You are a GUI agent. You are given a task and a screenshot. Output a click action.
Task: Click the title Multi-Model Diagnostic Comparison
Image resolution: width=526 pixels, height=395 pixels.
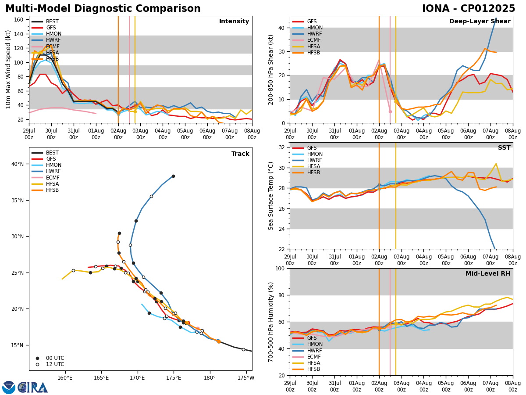point(103,9)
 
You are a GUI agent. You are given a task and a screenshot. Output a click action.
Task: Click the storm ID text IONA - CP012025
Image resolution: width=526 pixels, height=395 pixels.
point(468,9)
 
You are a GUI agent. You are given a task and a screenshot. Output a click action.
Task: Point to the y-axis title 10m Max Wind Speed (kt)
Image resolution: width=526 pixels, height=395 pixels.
point(8,69)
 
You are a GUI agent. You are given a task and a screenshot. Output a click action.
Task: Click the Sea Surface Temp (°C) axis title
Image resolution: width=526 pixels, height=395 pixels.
point(271,196)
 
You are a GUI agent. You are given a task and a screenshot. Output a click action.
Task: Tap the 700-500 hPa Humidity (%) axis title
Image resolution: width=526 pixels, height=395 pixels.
point(271,322)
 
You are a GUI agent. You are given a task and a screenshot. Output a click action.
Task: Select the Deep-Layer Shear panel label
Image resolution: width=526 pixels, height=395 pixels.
point(480,22)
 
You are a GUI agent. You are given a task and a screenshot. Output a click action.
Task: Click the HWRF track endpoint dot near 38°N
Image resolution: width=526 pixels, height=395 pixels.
point(173,176)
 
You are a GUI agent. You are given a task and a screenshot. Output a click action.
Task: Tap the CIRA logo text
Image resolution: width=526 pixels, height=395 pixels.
point(33,387)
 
